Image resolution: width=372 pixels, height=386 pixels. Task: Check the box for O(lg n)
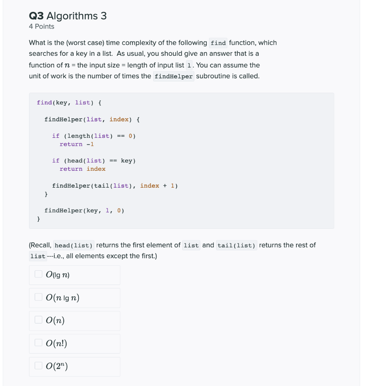[38, 274]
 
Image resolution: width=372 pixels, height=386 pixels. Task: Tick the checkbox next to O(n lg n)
[38, 297]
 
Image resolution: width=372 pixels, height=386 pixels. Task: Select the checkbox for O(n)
[38, 320]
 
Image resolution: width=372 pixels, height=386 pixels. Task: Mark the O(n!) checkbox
[38, 343]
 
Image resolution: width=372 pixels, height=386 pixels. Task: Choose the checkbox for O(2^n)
[38, 366]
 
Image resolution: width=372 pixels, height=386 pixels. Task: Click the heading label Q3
[37, 16]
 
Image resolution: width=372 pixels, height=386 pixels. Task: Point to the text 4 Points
[42, 26]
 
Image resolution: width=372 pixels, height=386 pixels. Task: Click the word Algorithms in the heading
[72, 16]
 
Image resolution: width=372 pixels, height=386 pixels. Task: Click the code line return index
[82, 169]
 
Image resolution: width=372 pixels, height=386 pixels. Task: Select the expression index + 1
[157, 185]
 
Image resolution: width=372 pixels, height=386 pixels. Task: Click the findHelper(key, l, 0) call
[84, 210]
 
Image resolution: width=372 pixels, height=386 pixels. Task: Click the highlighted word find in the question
[218, 43]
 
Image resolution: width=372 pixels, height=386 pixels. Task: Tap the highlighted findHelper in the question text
[174, 77]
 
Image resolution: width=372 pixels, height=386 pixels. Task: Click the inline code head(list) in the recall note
[74, 245]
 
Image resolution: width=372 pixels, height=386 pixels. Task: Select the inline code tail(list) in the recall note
[237, 245]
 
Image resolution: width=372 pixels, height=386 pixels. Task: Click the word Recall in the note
[41, 245]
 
